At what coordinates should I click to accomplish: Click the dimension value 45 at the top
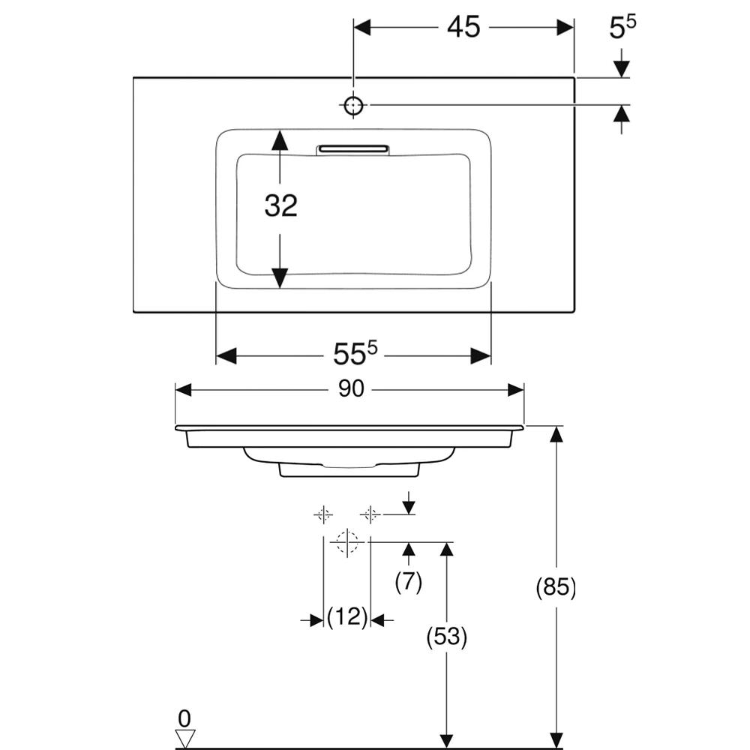point(463,27)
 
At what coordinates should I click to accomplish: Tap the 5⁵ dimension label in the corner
point(622,27)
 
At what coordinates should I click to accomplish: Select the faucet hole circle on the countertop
point(353,105)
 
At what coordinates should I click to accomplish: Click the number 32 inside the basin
point(280,205)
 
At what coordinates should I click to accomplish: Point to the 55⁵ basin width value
point(355,353)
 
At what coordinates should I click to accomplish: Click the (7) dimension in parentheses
point(409,582)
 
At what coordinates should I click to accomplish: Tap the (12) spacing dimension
point(347,616)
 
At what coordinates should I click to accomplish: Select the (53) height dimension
point(447,637)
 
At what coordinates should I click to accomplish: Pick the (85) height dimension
point(556,586)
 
